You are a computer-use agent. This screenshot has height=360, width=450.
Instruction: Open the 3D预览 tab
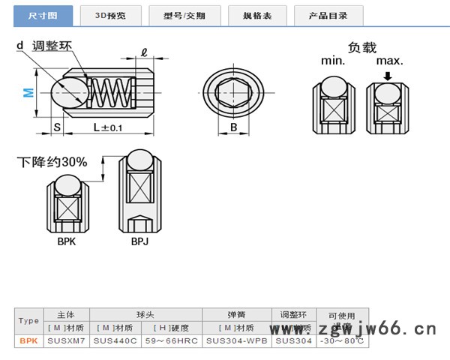pyautogui.click(x=110, y=15)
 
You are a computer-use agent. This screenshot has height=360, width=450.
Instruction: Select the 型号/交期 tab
pyautogui.click(x=184, y=15)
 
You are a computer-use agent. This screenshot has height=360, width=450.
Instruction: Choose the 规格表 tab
pyautogui.click(x=256, y=15)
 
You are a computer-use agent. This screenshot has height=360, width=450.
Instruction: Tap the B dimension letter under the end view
pyautogui.click(x=234, y=128)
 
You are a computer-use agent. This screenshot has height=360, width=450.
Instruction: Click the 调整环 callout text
pyautogui.click(x=51, y=46)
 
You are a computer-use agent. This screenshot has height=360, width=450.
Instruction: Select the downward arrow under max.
pyautogui.click(x=387, y=76)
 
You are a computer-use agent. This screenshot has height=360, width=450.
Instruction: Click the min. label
pyautogui.click(x=334, y=61)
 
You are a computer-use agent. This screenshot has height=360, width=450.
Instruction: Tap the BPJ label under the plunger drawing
pyautogui.click(x=140, y=241)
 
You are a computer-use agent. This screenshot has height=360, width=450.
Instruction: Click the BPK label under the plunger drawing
pyautogui.click(x=67, y=241)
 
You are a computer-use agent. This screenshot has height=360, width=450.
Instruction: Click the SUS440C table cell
pyautogui.click(x=113, y=340)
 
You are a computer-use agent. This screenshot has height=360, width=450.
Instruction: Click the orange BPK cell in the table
pyautogui.click(x=28, y=340)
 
